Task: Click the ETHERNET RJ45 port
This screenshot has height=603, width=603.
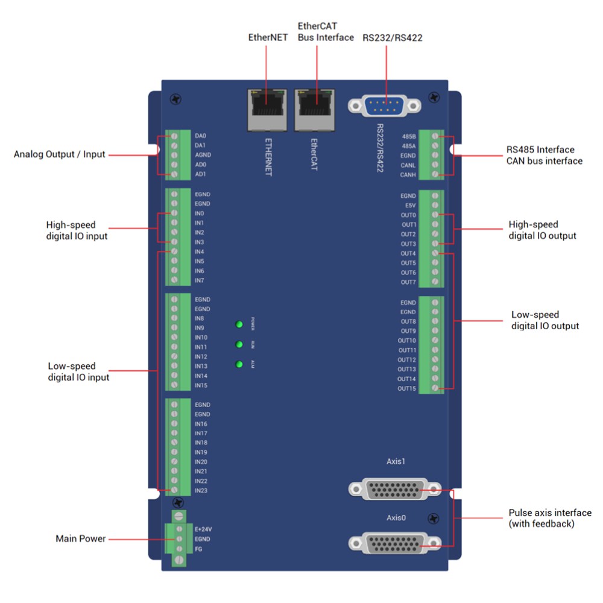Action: coord(267,109)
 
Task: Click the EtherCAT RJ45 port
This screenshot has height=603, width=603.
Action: coord(314,109)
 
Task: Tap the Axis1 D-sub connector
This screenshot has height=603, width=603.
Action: coord(388,489)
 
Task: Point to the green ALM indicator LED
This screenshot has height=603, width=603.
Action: coord(239,364)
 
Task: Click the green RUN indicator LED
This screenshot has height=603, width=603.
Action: coord(239,345)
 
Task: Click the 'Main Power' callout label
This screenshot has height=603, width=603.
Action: coord(80,538)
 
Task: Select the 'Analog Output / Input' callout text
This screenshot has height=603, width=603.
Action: coord(59,154)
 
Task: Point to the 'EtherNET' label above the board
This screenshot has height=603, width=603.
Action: coord(268,37)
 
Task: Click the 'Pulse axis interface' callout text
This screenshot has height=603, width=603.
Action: coord(550,513)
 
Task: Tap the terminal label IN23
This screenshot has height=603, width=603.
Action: coord(201,490)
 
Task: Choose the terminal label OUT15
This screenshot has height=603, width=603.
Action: coord(406,388)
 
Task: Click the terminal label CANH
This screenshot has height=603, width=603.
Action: coord(408,175)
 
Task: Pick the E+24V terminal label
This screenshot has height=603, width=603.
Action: coord(203,529)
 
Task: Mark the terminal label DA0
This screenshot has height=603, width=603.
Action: coord(201,136)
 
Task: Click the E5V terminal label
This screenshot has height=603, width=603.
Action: coord(410,206)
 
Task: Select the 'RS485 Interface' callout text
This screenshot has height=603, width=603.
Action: coord(540,150)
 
